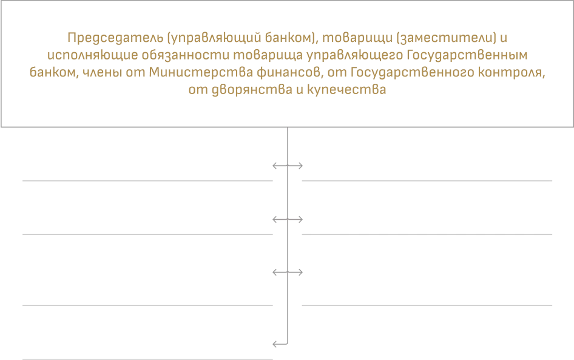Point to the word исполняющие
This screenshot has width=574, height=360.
(x=93, y=55)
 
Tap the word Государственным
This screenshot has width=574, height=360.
(x=467, y=55)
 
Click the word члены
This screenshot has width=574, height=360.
(x=102, y=72)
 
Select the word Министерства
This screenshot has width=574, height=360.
(x=201, y=72)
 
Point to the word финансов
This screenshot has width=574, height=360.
(x=290, y=72)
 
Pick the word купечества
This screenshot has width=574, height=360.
(x=346, y=90)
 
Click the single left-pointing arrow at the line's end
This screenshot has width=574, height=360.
(x=280, y=344)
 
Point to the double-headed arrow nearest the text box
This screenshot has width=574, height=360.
(x=288, y=166)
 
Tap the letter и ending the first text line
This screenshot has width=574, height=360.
(x=504, y=38)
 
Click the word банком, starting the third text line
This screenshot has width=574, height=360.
(x=54, y=72)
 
